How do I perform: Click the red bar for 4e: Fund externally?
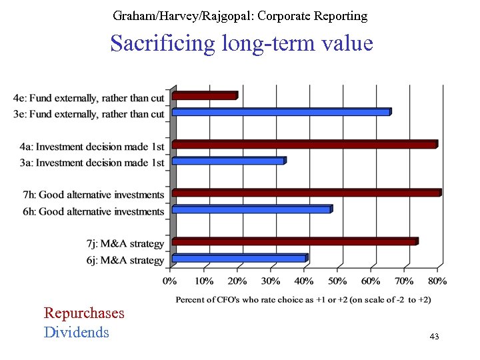[205, 96]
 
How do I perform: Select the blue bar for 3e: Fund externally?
[281, 112]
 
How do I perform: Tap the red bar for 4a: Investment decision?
[305, 144]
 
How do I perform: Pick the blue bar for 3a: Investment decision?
[229, 161]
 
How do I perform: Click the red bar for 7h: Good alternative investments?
[307, 193]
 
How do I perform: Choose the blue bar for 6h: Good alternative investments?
[252, 209]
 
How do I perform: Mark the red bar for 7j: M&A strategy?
[295, 241]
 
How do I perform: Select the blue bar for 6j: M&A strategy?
[239, 258]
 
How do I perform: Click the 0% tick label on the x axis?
[171, 281]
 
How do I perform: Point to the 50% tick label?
[337, 281]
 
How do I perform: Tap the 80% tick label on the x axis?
[437, 281]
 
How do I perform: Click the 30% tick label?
[271, 281]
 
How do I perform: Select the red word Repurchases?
[84, 313]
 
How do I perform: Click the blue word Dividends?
[76, 332]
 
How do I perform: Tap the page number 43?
[434, 337]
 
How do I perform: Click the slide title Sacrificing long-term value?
[241, 44]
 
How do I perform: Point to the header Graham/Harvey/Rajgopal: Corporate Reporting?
[240, 15]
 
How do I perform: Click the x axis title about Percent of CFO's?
[303, 300]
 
